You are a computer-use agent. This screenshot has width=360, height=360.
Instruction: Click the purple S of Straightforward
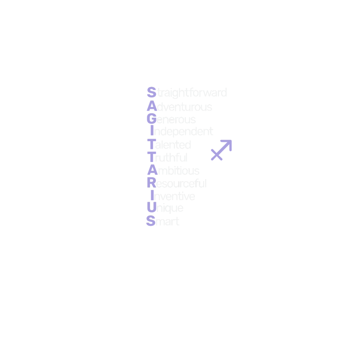pyautogui.click(x=152, y=92)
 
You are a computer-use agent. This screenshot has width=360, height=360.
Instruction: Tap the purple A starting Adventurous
pyautogui.click(x=152, y=106)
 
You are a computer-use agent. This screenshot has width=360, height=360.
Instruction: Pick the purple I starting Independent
pyautogui.click(x=152, y=131)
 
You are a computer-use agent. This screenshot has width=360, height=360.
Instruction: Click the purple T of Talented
pyautogui.click(x=152, y=145)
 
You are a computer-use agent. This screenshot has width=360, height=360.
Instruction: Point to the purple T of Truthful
pyautogui.click(x=152, y=157)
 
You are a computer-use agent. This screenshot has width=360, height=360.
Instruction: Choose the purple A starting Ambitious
pyautogui.click(x=152, y=170)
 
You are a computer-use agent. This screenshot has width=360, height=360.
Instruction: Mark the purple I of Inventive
pyautogui.click(x=152, y=196)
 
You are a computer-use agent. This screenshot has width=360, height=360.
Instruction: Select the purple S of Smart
pyautogui.click(x=151, y=221)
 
